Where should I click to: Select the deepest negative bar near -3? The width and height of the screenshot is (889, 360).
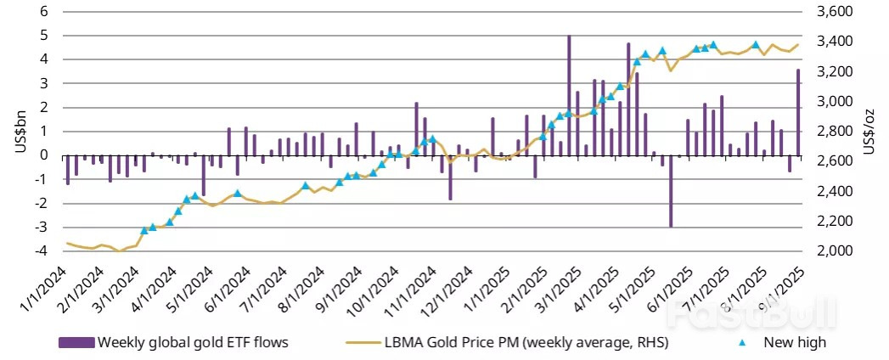click(671, 191)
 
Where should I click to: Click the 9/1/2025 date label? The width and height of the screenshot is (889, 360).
click(779, 290)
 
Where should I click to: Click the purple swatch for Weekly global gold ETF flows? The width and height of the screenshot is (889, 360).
click(76, 343)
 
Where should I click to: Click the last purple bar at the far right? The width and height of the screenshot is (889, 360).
click(798, 112)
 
